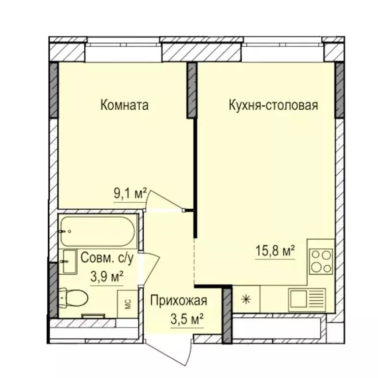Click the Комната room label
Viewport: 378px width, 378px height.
coord(124,106)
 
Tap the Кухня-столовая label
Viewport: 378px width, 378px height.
coord(273,106)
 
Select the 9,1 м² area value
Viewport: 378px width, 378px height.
coord(130,194)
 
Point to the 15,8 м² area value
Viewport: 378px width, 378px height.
coord(275,251)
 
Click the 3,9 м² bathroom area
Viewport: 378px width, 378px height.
coord(107,277)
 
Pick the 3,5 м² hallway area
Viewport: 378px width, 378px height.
coord(187,319)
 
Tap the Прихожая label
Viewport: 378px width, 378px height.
coord(179,301)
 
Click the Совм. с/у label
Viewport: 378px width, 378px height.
coord(107,258)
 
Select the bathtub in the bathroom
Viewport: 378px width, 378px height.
coord(97,231)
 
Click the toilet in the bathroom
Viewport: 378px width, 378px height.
coord(73,298)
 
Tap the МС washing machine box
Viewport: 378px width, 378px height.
coord(128,304)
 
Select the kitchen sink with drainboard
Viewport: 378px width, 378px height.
coord(307,300)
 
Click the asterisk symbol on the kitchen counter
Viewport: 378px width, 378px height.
coord(246,300)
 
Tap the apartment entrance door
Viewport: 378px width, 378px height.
coord(169,352)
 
